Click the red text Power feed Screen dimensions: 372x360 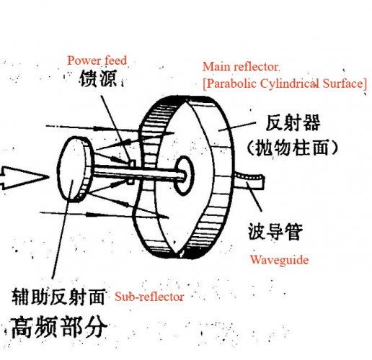(97, 60)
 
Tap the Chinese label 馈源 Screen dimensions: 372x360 (98, 78)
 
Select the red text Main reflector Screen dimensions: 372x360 (241, 67)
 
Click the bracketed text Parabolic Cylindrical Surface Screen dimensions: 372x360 (285, 84)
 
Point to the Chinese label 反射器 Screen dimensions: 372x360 (293, 122)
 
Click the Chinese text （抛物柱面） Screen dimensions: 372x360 (292, 148)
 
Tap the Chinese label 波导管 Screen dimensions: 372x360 (275, 232)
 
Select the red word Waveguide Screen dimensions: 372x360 (279, 260)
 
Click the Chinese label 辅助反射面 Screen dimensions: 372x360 (58, 297)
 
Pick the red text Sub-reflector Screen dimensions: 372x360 (149, 297)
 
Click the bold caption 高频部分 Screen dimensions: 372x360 (59, 327)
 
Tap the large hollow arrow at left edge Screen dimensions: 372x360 (24, 178)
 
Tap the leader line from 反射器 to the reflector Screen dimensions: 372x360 (236, 127)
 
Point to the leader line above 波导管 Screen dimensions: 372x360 (254, 197)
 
